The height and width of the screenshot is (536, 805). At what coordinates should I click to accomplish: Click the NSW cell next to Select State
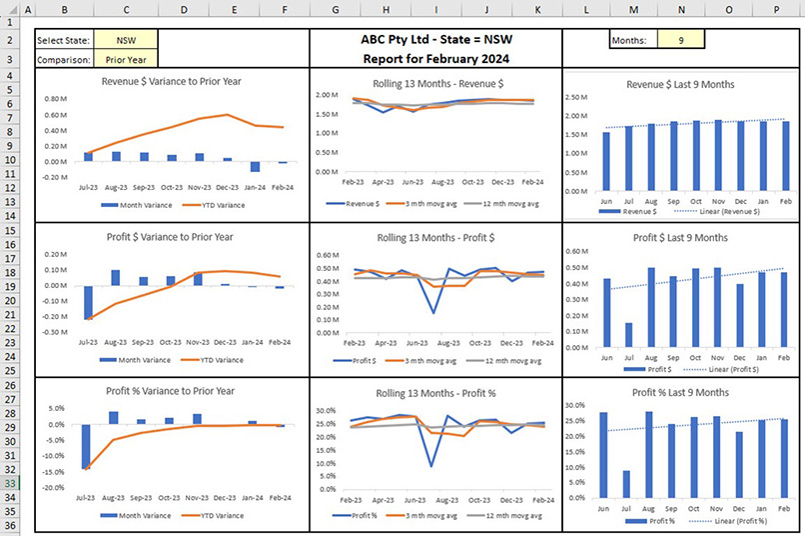pos(125,41)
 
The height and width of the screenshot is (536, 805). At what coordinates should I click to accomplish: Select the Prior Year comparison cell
pos(125,59)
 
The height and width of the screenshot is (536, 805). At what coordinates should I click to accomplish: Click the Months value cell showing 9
pos(680,41)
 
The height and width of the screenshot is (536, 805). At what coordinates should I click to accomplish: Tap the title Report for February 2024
pos(434,59)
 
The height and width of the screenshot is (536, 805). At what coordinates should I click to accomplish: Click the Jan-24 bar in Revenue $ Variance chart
pos(256,166)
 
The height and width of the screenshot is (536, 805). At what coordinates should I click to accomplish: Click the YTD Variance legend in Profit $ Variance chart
pos(214,359)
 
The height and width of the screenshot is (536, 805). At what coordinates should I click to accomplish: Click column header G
pos(335,9)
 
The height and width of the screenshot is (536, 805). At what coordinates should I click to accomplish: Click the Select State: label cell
pos(64,41)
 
